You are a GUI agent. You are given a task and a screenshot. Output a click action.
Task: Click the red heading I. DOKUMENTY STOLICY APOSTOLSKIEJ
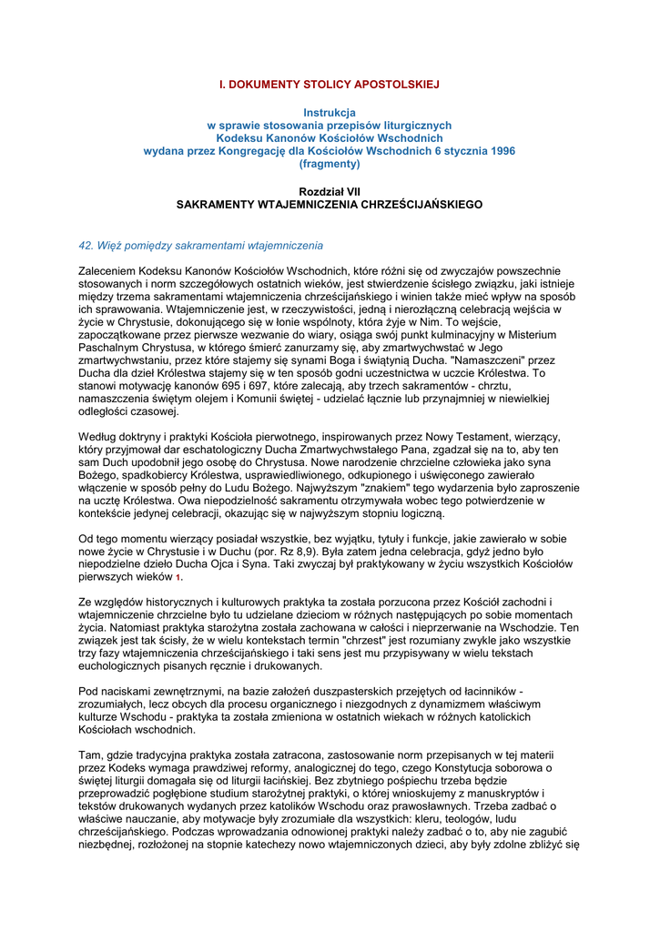click(329, 84)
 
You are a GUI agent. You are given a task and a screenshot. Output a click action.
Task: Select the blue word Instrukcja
click(330, 112)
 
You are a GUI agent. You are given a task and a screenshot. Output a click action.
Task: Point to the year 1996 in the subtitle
click(496, 151)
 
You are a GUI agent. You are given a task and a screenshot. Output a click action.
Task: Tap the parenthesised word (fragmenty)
click(330, 164)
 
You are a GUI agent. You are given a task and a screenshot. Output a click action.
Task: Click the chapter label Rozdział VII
click(330, 192)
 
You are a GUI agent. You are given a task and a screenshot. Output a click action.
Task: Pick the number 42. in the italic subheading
click(87, 246)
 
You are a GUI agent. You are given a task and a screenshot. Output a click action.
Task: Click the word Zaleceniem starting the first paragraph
click(110, 271)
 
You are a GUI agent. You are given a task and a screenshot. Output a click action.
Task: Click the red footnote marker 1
click(178, 578)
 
